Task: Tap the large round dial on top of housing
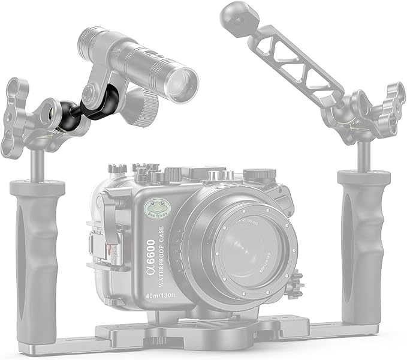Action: point(260,175)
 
